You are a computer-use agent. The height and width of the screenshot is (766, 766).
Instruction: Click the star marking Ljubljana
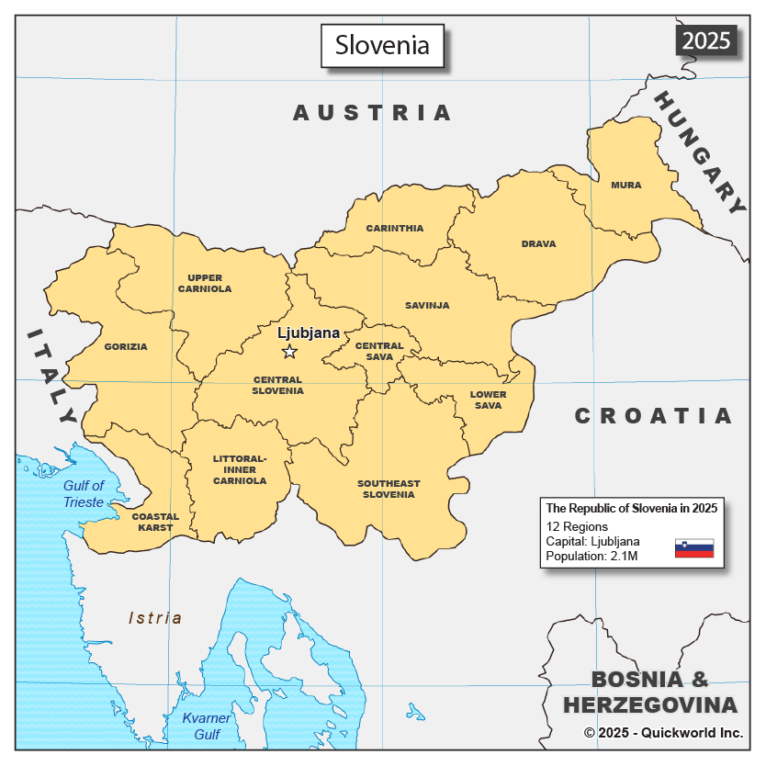(x=289, y=352)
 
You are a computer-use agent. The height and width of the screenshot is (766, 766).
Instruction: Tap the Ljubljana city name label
(x=309, y=332)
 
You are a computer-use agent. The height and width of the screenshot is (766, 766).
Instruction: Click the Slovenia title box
(x=382, y=45)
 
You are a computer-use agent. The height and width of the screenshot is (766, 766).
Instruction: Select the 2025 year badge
(x=706, y=40)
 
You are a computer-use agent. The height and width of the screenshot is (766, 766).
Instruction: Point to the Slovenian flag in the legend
(x=693, y=548)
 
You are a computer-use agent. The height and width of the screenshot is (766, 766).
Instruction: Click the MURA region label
(x=626, y=185)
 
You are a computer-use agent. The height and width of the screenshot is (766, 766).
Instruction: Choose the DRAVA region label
(x=539, y=243)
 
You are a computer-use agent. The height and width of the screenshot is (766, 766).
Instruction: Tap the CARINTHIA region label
(x=395, y=228)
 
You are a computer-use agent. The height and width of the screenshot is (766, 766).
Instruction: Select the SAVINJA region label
(x=427, y=305)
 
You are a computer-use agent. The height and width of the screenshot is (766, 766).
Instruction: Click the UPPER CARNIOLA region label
(x=205, y=283)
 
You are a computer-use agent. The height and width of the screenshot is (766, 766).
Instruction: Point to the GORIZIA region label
(x=126, y=346)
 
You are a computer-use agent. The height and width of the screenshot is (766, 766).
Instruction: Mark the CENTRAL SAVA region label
(x=379, y=351)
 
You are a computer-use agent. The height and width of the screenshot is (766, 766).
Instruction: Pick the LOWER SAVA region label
(x=488, y=400)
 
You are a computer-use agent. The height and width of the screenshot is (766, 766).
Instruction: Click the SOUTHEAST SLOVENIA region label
(x=389, y=489)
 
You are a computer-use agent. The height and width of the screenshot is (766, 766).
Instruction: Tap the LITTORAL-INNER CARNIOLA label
(x=240, y=469)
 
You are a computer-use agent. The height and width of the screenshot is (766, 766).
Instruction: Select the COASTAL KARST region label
(x=155, y=522)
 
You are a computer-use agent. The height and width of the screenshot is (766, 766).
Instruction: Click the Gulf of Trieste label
(x=84, y=493)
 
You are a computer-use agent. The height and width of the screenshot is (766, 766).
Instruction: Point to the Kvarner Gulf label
(x=200, y=726)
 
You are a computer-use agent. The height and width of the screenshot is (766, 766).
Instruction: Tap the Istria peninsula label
(x=155, y=618)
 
